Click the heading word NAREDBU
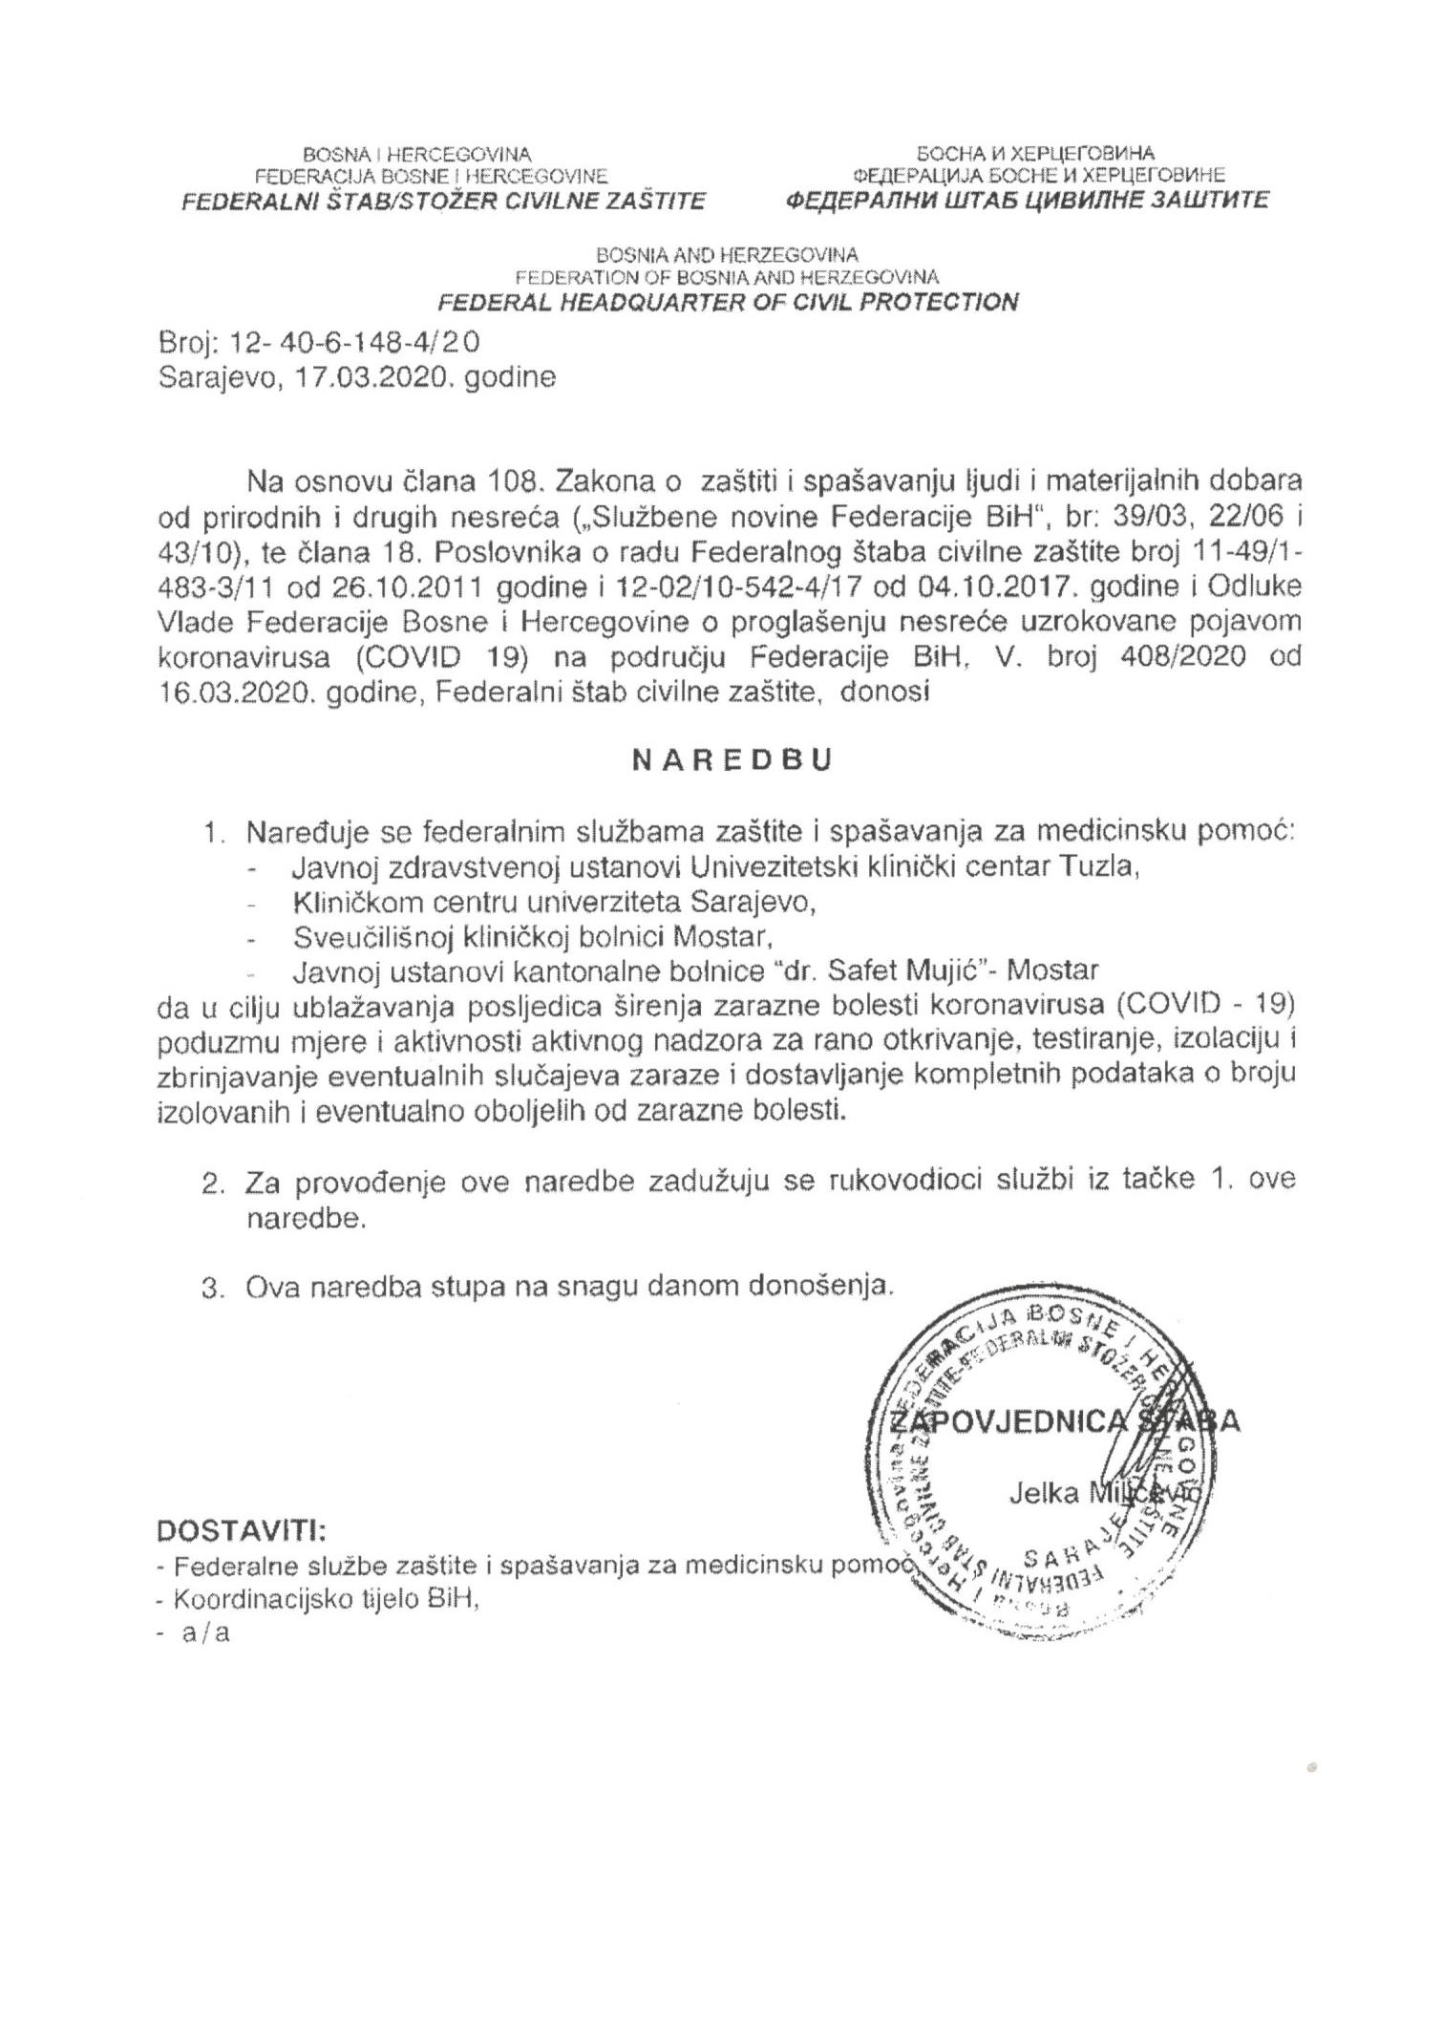[732, 760]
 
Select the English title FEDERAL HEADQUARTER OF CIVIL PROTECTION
[727, 303]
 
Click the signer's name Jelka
[1044, 1495]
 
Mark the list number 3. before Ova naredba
[212, 1287]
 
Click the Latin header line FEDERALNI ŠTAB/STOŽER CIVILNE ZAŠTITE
[445, 201]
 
